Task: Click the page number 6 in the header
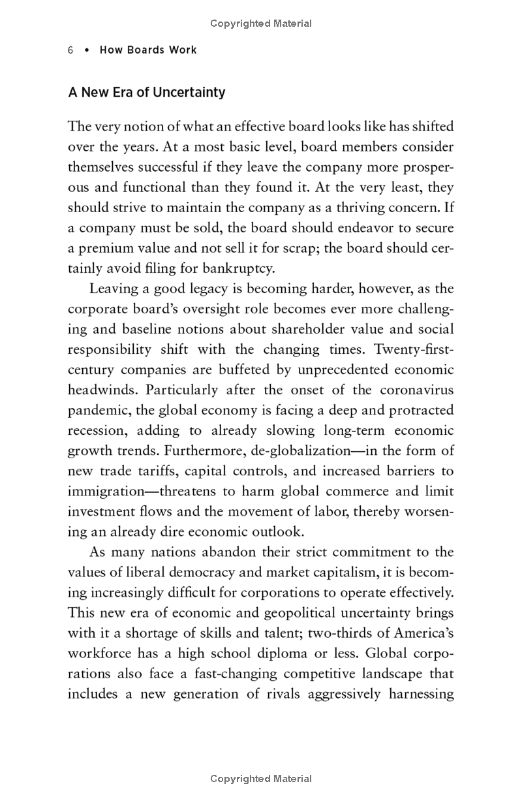[70, 50]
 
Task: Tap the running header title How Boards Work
[148, 50]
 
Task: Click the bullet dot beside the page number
[86, 50]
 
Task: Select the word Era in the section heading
[122, 93]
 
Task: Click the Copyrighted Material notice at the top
[261, 24]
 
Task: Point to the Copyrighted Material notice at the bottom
[261, 779]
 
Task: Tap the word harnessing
[419, 694]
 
